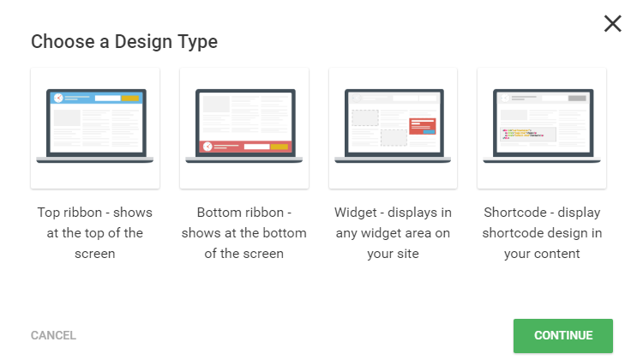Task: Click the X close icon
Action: (613, 23)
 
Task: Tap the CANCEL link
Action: (53, 335)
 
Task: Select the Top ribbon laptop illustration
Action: (94, 126)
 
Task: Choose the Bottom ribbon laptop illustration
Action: (243, 126)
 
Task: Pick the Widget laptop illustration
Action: (393, 126)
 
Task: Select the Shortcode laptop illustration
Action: (542, 126)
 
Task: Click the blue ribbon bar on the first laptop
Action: (96, 98)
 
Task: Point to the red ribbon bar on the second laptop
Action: (245, 147)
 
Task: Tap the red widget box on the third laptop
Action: (423, 126)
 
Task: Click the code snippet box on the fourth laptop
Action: (528, 134)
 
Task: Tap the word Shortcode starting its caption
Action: (515, 213)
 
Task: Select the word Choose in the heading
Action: (63, 42)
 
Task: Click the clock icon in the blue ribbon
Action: (58, 98)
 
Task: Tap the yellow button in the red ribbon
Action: (279, 147)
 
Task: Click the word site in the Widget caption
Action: (408, 254)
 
